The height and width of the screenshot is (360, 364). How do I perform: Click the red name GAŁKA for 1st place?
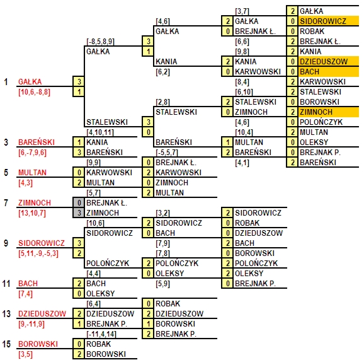coord(30,82)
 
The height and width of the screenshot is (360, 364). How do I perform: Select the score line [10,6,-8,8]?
coord(34,92)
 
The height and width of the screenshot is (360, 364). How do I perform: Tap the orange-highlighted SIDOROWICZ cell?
coord(329,21)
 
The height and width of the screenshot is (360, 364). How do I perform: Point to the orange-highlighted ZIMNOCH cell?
coord(329,112)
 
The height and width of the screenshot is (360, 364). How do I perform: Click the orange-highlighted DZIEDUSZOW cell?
coord(329,61)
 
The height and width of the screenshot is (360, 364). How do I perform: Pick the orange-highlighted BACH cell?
coord(329,72)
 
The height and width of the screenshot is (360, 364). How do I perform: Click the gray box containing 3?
coord(79,213)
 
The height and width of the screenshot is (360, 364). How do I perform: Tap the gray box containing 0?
coord(79,202)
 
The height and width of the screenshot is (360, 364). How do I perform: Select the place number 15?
coord(6,344)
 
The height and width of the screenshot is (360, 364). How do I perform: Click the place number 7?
coord(6,202)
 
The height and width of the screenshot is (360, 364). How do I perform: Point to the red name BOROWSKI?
coord(38,344)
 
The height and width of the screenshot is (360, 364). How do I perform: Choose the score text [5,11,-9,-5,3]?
coord(38,253)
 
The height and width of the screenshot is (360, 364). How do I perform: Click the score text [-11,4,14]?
coord(101,334)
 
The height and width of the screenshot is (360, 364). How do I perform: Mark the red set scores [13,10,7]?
coord(32,213)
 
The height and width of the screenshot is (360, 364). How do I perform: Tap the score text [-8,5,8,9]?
coord(100,42)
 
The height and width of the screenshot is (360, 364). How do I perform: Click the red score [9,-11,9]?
coord(31,324)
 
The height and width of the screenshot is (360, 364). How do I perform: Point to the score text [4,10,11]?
coord(100,132)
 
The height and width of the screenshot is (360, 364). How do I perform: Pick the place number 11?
coord(6,284)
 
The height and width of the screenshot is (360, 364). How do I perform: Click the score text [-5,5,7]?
coord(167,153)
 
